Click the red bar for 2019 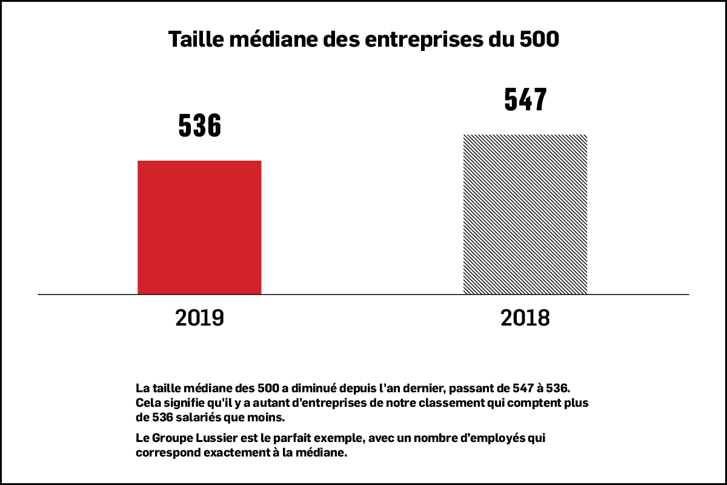199,227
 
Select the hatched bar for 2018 525,214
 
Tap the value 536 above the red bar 199,125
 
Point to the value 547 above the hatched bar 525,99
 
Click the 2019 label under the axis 199,318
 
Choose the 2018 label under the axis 525,318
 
